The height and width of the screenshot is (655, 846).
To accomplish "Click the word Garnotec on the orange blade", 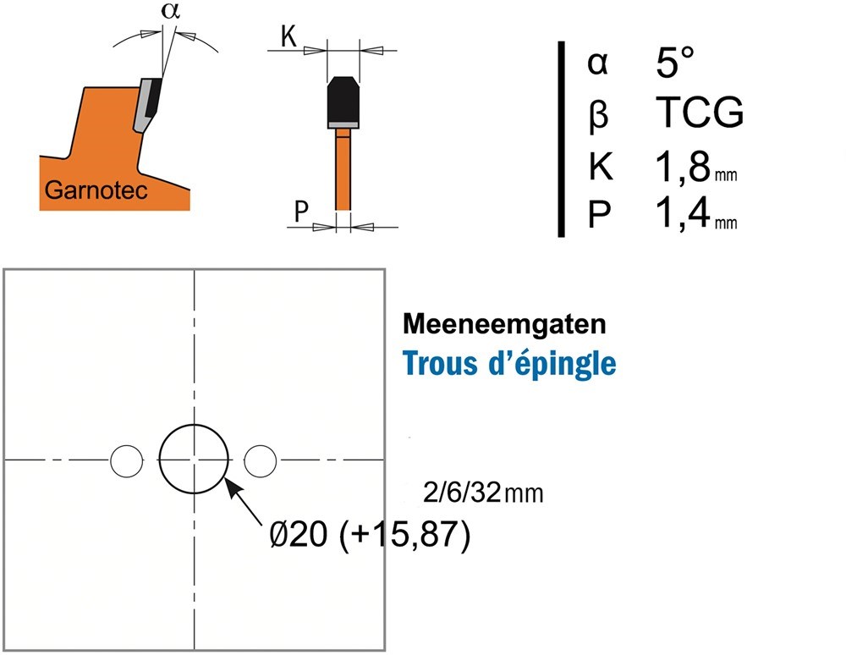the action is click(x=96, y=190).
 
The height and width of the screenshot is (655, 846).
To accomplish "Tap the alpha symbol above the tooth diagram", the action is click(x=171, y=11).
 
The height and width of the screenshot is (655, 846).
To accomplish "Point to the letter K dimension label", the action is click(x=288, y=36).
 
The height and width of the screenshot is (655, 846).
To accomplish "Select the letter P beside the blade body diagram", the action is click(x=302, y=211).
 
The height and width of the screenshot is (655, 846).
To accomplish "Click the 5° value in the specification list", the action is click(x=674, y=62).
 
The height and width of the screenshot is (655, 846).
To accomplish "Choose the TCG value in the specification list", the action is click(x=700, y=113).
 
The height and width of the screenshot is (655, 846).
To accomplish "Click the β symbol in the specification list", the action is click(x=598, y=114).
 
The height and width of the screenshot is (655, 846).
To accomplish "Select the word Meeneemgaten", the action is click(x=504, y=324).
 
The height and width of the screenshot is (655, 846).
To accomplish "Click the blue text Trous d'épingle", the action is click(x=509, y=363).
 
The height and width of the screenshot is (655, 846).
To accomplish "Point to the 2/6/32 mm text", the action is click(x=483, y=493).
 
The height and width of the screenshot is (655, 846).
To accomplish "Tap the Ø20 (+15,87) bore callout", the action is click(x=371, y=535).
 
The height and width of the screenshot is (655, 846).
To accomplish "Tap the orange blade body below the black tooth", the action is click(x=343, y=173).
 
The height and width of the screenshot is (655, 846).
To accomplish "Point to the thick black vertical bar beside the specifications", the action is click(x=561, y=139).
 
